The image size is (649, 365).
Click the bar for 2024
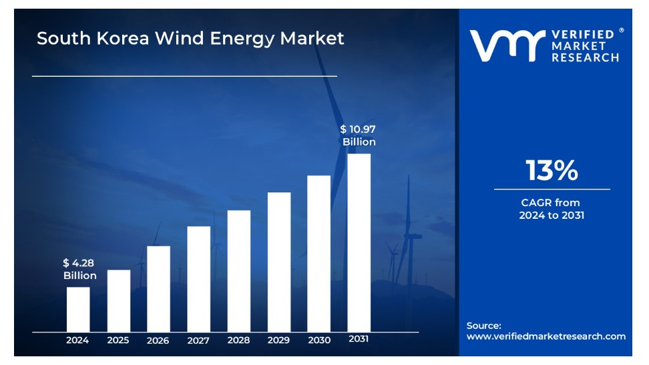78,309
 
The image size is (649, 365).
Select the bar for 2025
119,300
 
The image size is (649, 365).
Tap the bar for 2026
158,288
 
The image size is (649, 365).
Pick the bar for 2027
199,278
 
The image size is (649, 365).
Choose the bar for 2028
239,270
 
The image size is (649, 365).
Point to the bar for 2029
279,262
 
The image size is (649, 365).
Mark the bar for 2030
319,253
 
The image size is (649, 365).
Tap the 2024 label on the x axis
77,340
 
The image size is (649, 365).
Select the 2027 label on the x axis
198,340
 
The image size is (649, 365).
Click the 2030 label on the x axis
319,340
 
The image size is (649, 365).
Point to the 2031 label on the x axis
359,339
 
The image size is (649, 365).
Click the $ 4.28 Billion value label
79,270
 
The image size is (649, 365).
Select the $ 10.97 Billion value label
359,135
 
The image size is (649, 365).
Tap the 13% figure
552,171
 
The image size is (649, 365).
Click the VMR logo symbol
504,45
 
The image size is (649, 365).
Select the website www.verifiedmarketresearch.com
546,336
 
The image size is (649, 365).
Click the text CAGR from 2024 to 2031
552,209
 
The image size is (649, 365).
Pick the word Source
483,326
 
